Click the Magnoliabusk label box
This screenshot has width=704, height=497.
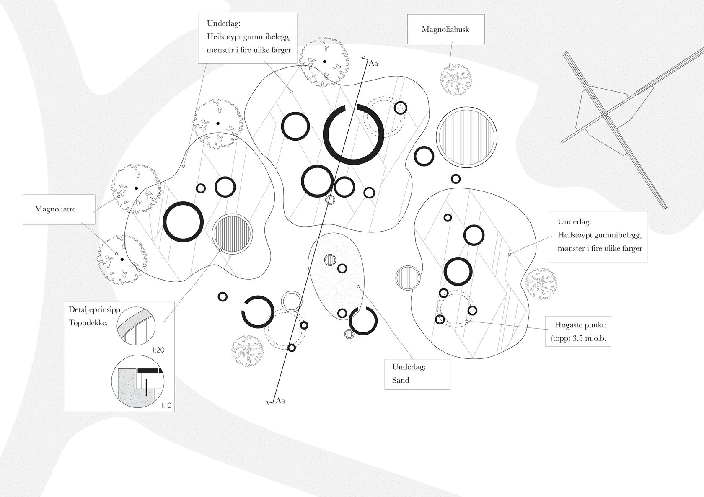coord(445,29)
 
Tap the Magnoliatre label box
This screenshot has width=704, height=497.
coord(58,209)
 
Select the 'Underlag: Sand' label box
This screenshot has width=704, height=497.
coord(417,374)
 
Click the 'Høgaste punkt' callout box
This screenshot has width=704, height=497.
coord(578,331)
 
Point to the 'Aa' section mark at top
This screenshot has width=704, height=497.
coord(373,64)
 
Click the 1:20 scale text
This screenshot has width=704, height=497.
coord(158,350)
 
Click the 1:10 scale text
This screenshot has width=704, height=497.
coord(166,405)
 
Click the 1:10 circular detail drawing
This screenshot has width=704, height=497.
coord(137,382)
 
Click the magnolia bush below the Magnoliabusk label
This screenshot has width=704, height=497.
coord(455,80)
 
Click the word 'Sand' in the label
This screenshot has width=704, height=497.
coord(401,380)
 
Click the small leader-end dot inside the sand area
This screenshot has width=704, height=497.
coord(358,287)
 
